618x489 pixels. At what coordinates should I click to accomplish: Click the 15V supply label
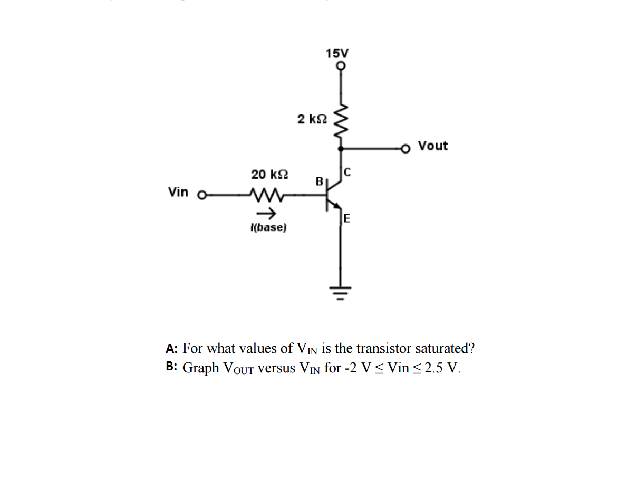(x=337, y=53)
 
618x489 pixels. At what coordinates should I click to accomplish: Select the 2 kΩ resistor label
(x=312, y=119)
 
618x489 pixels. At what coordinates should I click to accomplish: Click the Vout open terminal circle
(x=406, y=149)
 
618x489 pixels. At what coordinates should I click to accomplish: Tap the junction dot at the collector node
(x=341, y=149)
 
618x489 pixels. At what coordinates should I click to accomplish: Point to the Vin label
(x=178, y=192)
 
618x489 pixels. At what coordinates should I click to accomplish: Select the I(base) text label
(x=268, y=228)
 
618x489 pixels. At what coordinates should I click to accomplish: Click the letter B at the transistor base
(x=319, y=181)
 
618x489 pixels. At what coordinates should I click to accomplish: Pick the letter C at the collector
(x=347, y=171)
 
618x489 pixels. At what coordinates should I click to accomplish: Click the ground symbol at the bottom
(x=341, y=291)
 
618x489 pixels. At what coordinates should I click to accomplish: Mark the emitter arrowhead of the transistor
(x=337, y=207)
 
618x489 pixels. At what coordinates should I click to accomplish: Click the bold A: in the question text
(x=171, y=349)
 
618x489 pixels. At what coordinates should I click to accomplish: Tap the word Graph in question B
(x=201, y=368)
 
